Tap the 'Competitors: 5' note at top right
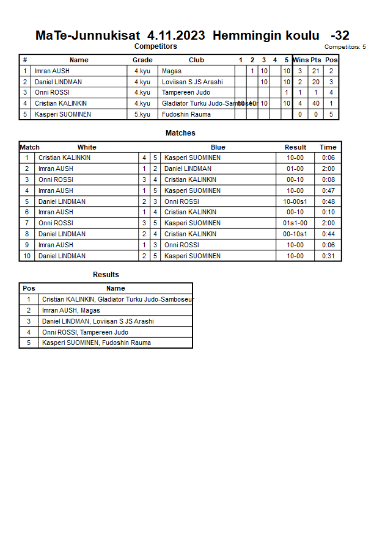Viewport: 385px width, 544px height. [345, 47]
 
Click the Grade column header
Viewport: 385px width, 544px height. [142, 60]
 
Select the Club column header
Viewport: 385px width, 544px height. [196, 60]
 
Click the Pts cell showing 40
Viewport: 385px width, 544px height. [316, 103]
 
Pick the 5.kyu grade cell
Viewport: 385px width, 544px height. [142, 114]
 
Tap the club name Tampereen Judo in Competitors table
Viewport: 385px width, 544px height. [186, 93]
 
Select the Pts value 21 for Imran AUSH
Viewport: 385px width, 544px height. [316, 71]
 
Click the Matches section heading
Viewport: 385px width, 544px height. [180, 133]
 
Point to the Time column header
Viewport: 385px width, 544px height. [328, 147]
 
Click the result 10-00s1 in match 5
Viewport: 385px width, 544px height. [295, 201]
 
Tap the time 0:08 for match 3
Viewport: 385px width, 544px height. [328, 180]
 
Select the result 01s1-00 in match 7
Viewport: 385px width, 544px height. [295, 223]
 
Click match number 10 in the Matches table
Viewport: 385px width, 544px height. [27, 256]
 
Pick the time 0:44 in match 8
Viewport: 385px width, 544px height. [328, 234]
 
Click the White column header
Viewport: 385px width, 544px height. [87, 147]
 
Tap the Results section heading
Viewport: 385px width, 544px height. [106, 275]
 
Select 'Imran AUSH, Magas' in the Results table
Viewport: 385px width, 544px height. [71, 310]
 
